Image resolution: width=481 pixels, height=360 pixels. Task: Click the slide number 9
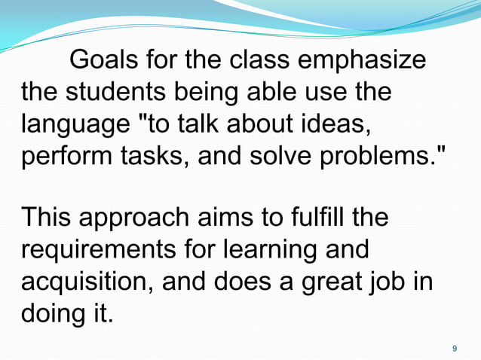pos(454,348)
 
